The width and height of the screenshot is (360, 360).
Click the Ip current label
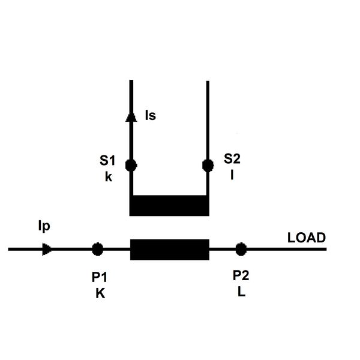click(44, 226)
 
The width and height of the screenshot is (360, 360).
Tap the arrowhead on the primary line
click(47, 250)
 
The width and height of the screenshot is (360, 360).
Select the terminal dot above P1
click(98, 249)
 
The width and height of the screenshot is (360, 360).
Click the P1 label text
click(100, 277)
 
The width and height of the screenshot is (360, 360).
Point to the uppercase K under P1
click(100, 293)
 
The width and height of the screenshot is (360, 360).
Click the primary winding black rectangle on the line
click(170, 250)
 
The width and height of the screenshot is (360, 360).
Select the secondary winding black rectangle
click(169, 206)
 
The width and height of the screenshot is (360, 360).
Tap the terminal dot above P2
click(241, 249)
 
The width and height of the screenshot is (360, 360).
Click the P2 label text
click(241, 275)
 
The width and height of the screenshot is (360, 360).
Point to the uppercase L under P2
click(242, 292)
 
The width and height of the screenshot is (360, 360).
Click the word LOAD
click(307, 238)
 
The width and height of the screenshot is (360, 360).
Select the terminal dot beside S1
click(131, 166)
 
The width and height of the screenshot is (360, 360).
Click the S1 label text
click(107, 160)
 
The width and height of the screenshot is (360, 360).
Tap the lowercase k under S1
click(109, 177)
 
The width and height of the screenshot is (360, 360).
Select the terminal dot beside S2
click(208, 166)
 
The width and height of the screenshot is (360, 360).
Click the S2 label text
click(232, 158)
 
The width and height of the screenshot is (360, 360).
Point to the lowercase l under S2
click(232, 175)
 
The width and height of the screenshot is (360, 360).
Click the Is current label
click(151, 115)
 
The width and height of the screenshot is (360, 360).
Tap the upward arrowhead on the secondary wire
click(131, 117)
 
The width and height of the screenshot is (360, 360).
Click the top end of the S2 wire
click(208, 81)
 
